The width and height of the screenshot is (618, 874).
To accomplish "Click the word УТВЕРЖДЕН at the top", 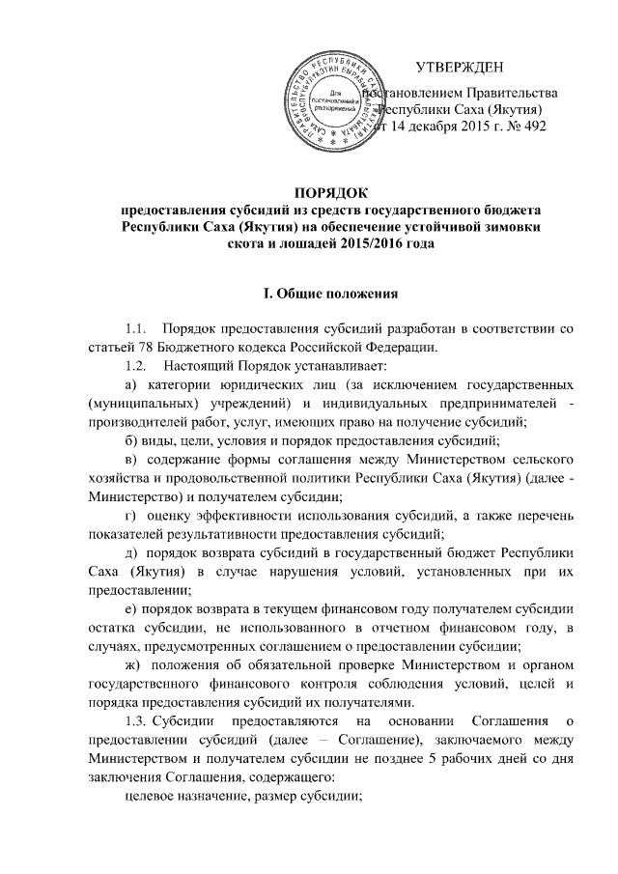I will click(459, 68).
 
